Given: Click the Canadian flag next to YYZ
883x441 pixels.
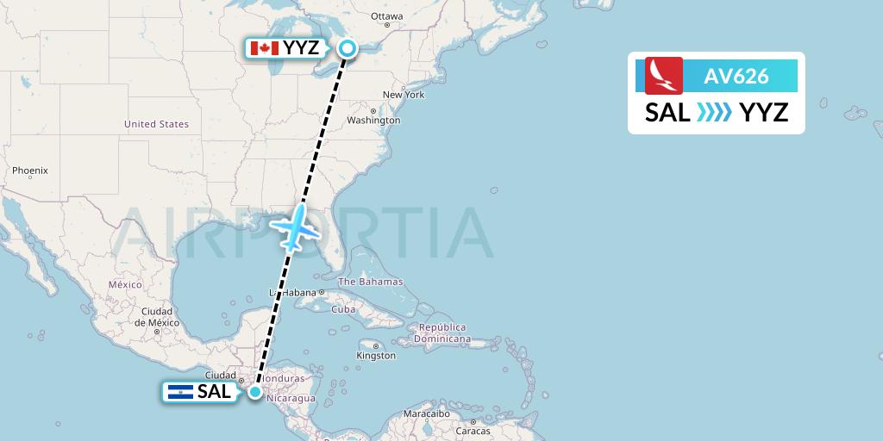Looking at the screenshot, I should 264,48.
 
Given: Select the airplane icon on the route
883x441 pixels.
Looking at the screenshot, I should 295,227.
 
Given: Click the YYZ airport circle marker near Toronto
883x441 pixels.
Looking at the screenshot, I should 347,48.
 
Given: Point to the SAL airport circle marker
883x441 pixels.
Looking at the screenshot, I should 255,392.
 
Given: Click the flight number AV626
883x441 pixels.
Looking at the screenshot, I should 736,76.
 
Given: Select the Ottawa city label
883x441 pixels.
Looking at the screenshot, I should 386,16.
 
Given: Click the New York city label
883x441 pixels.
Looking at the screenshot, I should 404,95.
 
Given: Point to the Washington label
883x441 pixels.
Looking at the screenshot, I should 374,120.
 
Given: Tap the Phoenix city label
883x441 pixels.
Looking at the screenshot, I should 29,171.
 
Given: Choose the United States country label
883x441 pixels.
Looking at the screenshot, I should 156,124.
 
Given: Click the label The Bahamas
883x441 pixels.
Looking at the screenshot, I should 370,282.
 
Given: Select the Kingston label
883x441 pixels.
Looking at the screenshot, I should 376,355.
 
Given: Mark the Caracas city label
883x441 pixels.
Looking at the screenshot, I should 473,430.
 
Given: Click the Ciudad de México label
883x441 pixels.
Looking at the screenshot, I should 156,317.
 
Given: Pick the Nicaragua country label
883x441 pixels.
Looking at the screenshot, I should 291,399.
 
